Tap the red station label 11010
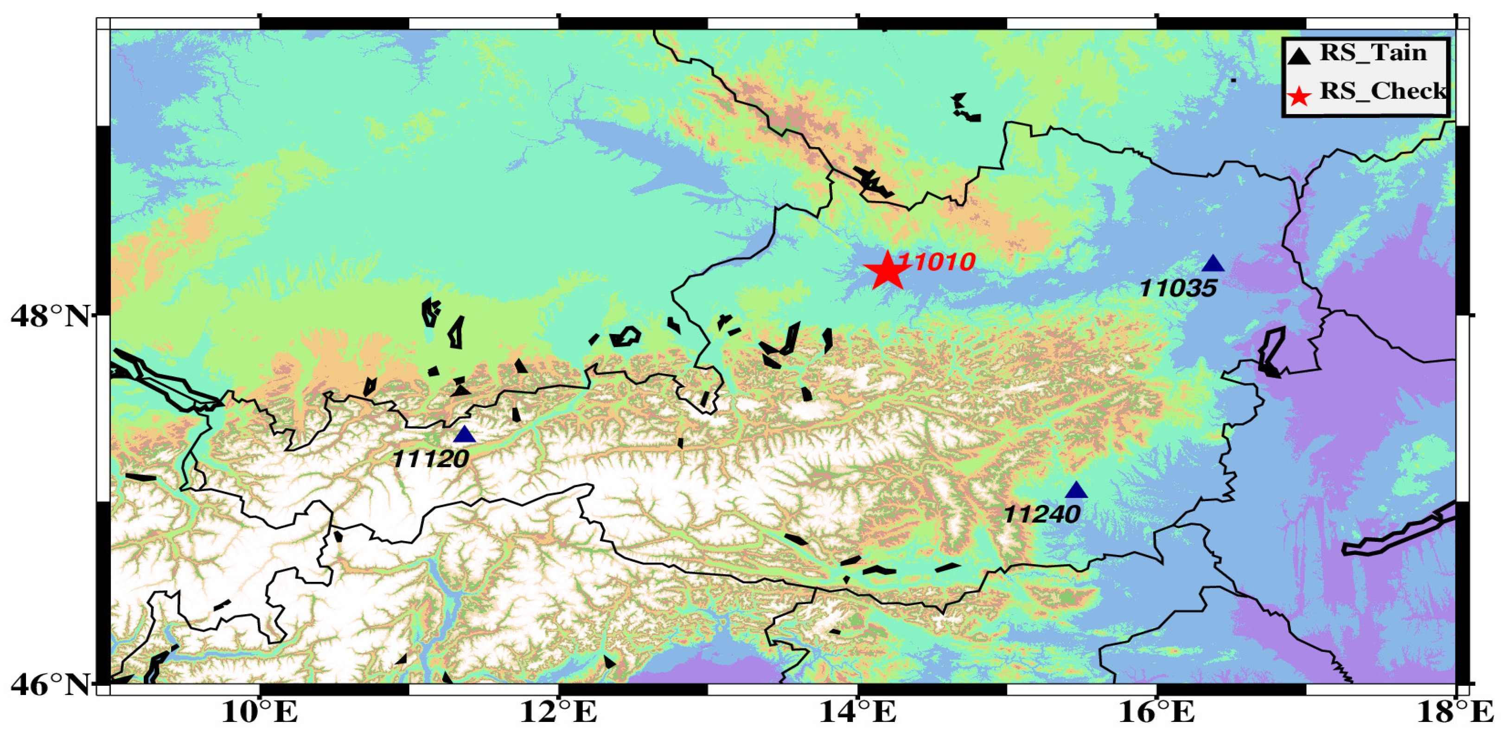936,262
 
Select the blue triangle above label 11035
1213,264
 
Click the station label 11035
1178,288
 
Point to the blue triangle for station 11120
465,435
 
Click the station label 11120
431,459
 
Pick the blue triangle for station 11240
1076,490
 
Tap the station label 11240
1042,514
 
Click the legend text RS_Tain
1372,53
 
